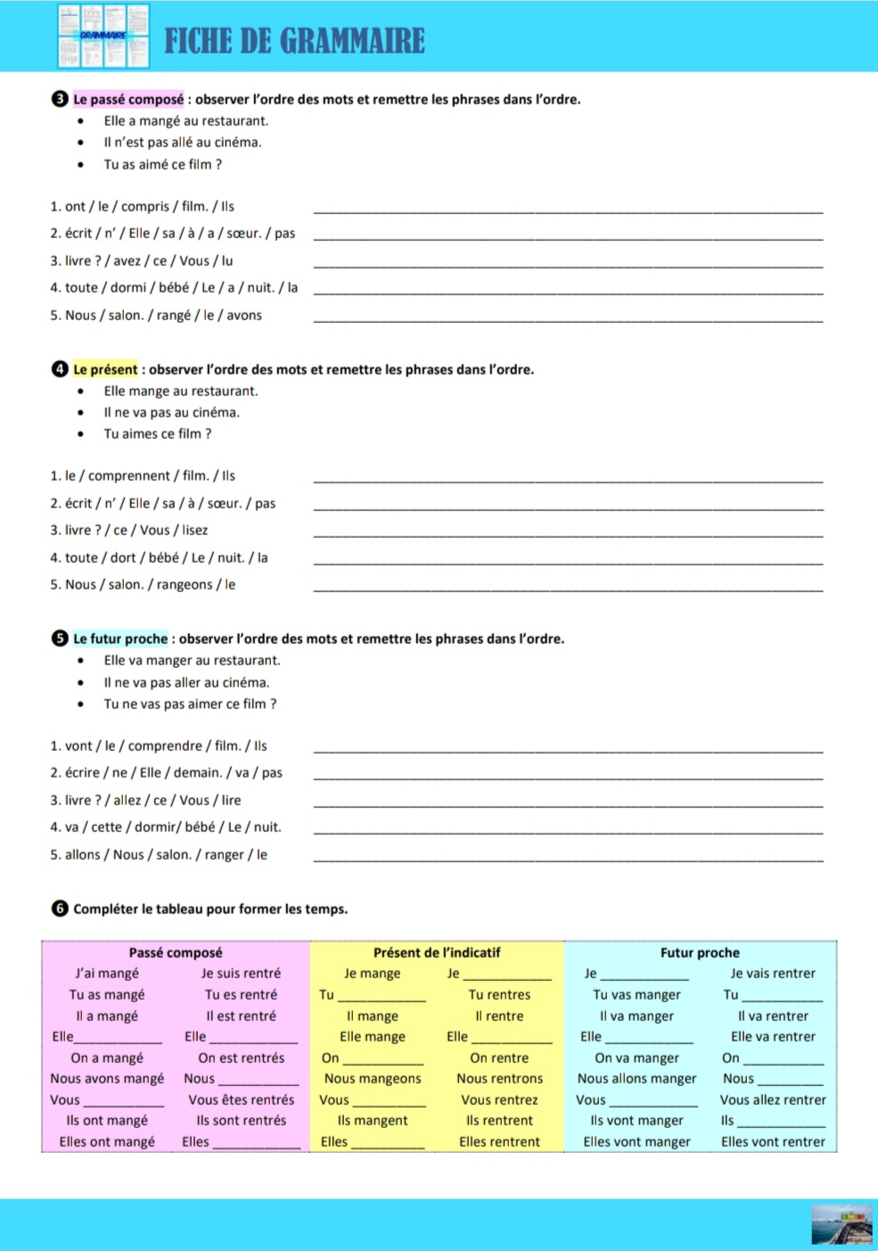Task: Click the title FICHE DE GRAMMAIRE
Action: point(294,41)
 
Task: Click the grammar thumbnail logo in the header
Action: point(103,37)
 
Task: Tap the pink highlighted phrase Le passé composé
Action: point(128,99)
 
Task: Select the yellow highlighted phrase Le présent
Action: point(105,369)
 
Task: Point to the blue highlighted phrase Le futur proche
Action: point(120,638)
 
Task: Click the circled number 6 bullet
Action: point(60,909)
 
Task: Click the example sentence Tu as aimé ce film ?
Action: point(163,164)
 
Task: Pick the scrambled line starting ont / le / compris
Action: point(143,207)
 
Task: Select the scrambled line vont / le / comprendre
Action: point(159,746)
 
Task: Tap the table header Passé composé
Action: point(176,952)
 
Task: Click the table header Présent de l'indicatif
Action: point(437,952)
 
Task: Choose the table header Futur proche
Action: point(700,952)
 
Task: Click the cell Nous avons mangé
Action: point(107,1078)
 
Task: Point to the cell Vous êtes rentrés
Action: point(241,1099)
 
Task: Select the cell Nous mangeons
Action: point(373,1078)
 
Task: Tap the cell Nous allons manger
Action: point(636,1078)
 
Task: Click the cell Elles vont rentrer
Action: point(773,1141)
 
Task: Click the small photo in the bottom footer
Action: point(841,1224)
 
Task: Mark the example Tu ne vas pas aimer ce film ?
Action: point(190,704)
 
